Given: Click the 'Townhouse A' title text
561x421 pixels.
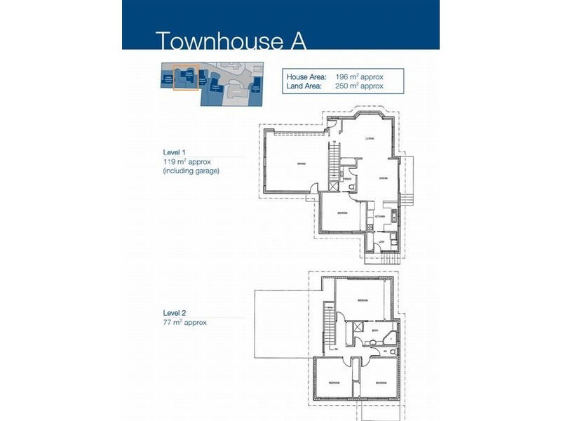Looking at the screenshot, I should pyautogui.click(x=230, y=40).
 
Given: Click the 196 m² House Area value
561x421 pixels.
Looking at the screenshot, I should pyautogui.click(x=358, y=76).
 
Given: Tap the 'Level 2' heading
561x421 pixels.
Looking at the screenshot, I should pyautogui.click(x=174, y=314).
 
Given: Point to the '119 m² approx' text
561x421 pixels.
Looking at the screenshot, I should pyautogui.click(x=187, y=161).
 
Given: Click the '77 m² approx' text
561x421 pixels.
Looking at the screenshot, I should pyautogui.click(x=184, y=323).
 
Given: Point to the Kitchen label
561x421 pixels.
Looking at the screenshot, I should pyautogui.click(x=379, y=217).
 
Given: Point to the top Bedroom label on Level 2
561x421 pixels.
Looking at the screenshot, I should pyautogui.click(x=363, y=300).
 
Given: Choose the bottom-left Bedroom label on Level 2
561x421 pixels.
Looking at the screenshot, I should pyautogui.click(x=334, y=382).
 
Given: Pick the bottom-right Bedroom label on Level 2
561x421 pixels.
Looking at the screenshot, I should pyautogui.click(x=379, y=382).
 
